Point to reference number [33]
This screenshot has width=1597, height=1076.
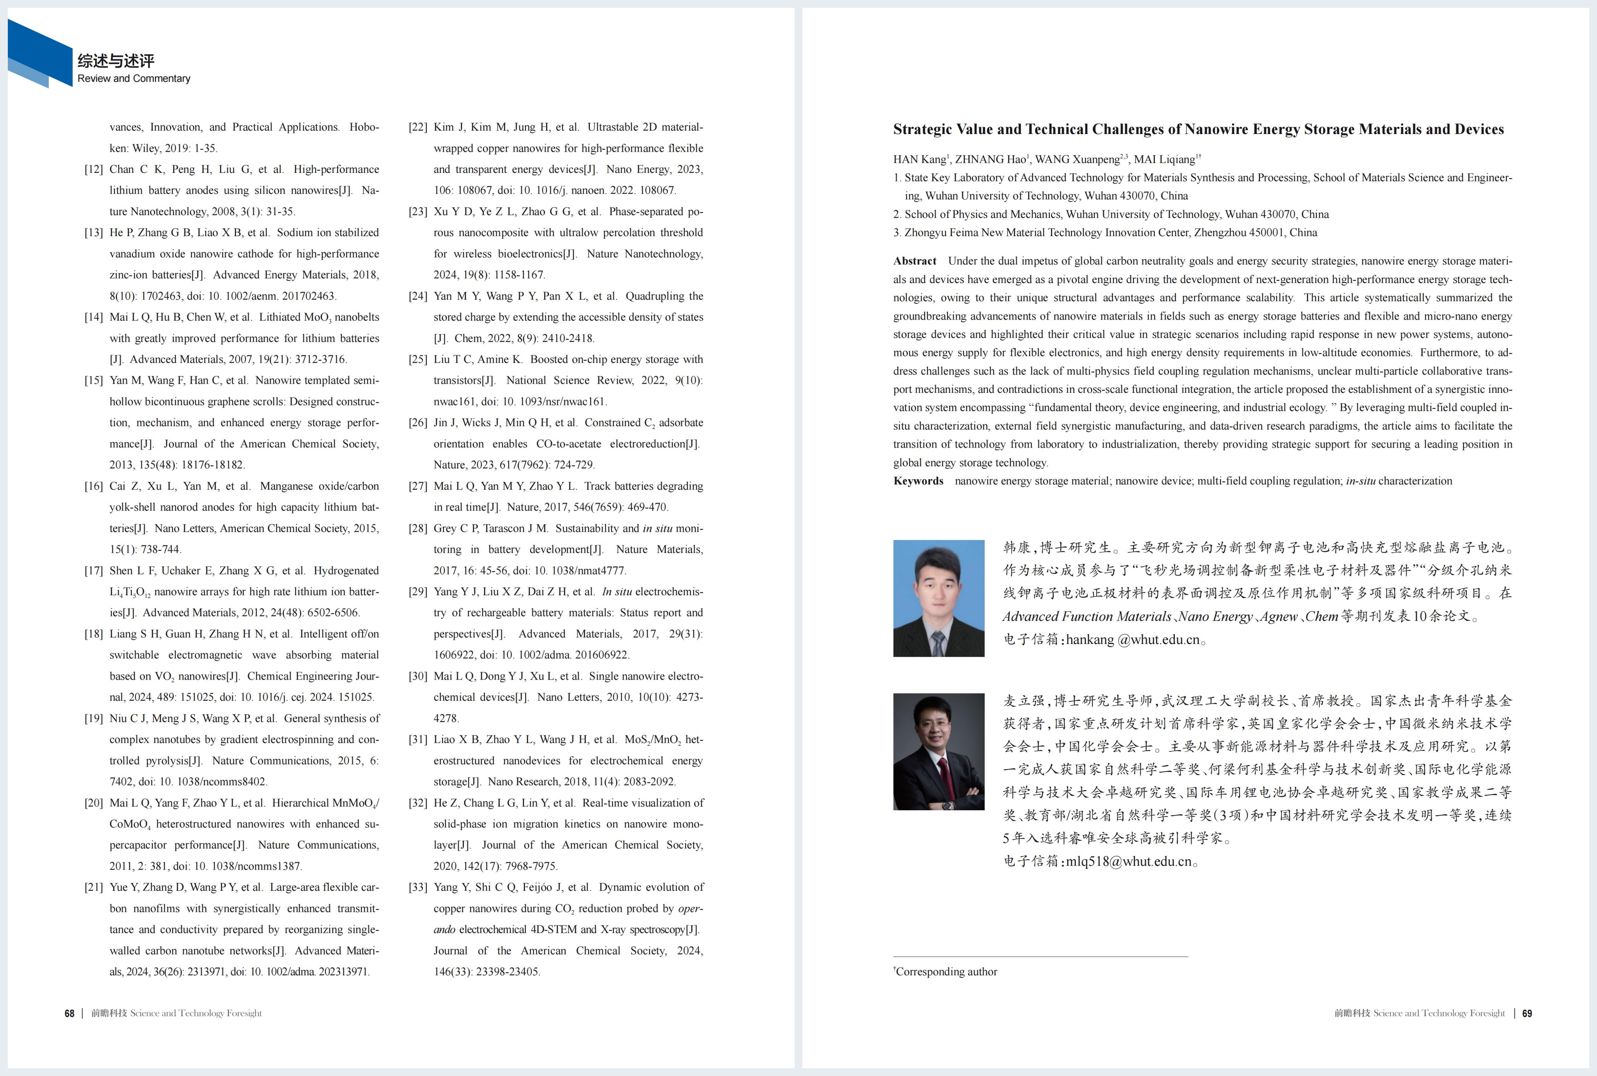(x=418, y=887)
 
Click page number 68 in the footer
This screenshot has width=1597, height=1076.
(x=69, y=1014)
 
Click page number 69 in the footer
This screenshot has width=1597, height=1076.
(x=1527, y=1014)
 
